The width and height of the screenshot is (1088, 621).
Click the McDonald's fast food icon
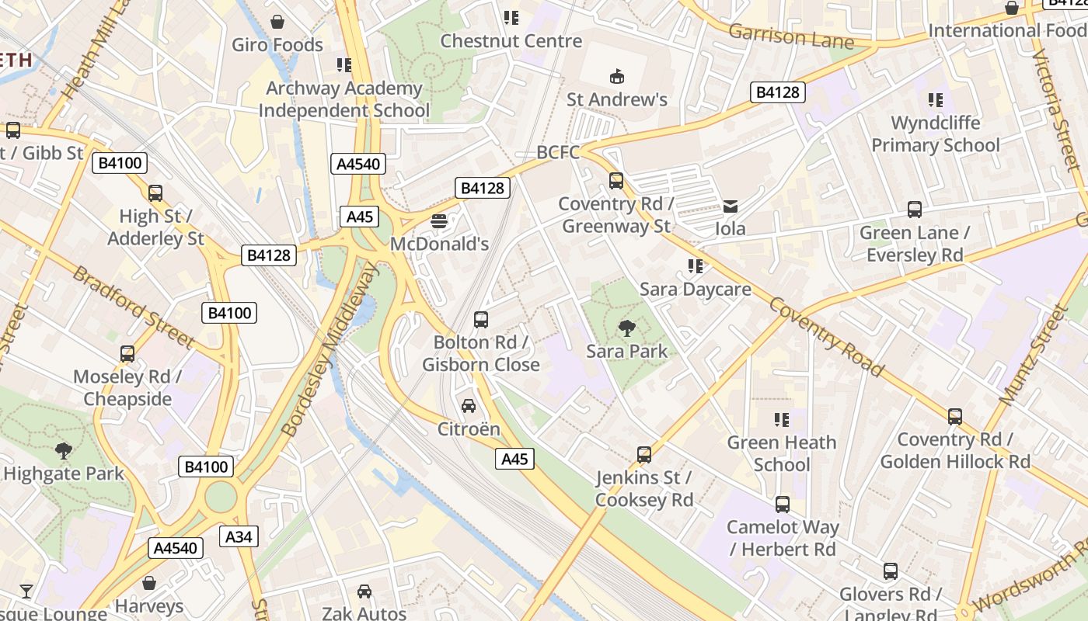439,221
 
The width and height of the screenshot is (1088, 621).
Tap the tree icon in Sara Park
626,328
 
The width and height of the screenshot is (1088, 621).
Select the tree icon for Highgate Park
64,450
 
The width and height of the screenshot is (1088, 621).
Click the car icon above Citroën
469,406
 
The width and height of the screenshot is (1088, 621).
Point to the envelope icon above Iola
731,206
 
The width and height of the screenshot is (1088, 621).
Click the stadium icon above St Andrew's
617,76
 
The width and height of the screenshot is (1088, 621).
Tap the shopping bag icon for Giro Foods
277,22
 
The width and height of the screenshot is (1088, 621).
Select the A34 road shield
239,536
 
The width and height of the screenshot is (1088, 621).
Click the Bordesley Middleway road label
329,349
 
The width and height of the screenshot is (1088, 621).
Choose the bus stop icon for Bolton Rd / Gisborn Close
481,320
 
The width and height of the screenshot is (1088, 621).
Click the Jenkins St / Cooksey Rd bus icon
644,455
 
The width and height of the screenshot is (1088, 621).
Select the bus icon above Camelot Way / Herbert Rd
783,505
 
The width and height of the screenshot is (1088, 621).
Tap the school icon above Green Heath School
782,420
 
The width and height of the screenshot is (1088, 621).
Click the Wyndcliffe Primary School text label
936,134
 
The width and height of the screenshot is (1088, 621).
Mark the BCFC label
558,152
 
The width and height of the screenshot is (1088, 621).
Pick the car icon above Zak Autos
364,592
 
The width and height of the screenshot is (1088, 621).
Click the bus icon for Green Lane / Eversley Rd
915,210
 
